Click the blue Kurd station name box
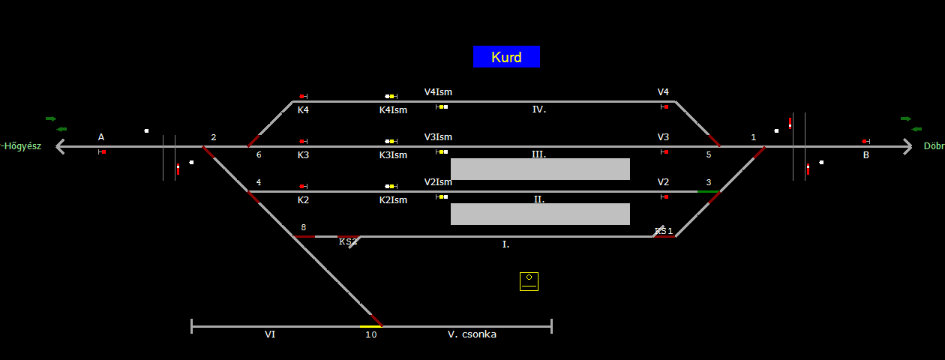[506, 57]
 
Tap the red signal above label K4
[302, 97]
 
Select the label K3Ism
[393, 155]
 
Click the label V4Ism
[438, 92]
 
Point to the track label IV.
[539, 109]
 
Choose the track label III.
[538, 154]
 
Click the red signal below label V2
[665, 197]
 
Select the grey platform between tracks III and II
[540, 169]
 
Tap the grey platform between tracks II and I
[540, 214]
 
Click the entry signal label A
[101, 137]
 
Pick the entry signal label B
[866, 155]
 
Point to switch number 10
[371, 334]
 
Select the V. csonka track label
[472, 334]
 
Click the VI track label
[270, 334]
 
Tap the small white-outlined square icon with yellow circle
[529, 281]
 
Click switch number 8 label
[304, 227]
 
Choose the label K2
[303, 200]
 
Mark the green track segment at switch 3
[707, 192]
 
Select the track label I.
[505, 244]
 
